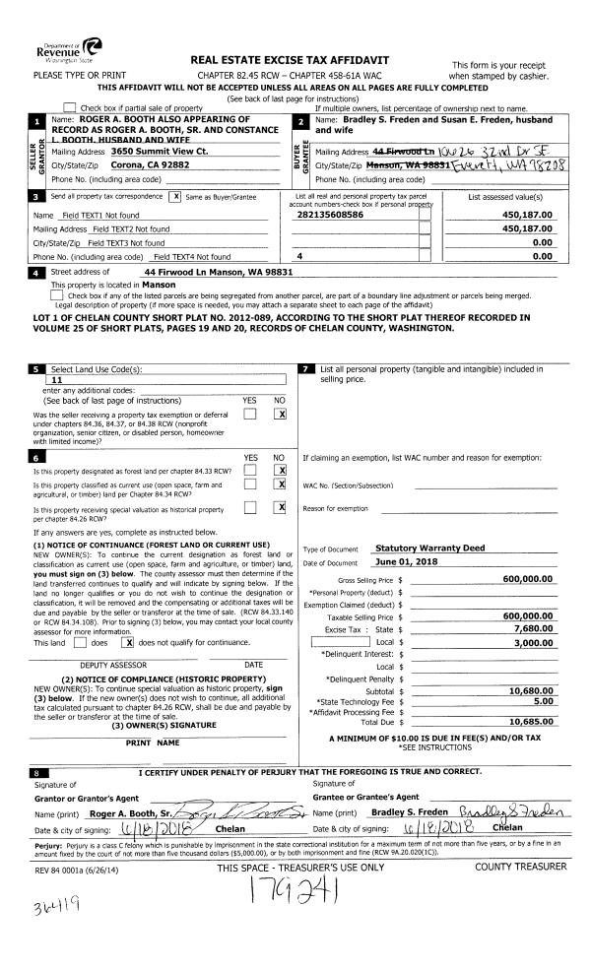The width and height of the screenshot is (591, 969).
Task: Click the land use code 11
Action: coord(56,378)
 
